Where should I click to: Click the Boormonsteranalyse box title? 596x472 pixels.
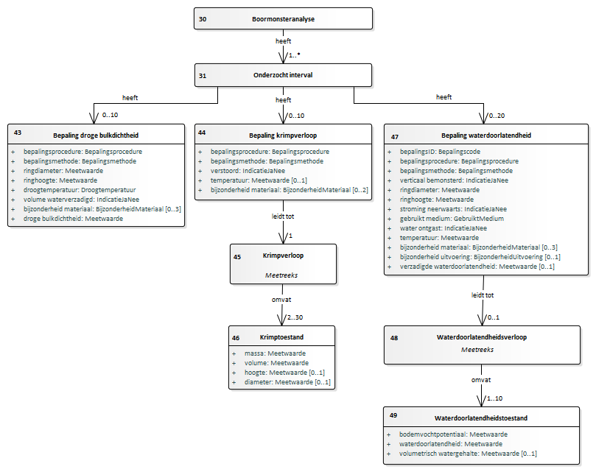[x=283, y=19]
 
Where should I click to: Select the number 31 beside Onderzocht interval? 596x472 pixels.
[x=203, y=76]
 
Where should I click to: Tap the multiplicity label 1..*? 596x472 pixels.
[x=294, y=55]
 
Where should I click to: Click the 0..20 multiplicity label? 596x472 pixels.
[x=497, y=116]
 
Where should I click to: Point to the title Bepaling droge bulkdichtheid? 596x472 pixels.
[x=96, y=135]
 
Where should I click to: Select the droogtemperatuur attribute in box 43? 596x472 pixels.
[x=80, y=190]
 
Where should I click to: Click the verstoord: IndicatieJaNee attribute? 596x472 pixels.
[x=248, y=171]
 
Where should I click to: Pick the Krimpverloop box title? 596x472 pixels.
[x=283, y=256]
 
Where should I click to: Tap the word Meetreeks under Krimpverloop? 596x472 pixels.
[x=281, y=275]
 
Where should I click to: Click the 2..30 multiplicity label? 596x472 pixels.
[x=295, y=317]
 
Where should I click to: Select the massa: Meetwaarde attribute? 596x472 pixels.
[x=275, y=353]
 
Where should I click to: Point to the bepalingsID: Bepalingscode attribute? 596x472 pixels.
[x=440, y=152]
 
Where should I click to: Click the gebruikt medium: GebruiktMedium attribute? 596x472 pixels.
[x=452, y=219]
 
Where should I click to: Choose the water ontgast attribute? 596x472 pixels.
[x=444, y=228]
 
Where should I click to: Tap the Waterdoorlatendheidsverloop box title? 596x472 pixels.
[x=482, y=337]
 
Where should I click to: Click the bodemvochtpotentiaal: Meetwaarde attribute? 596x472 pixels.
[x=453, y=434]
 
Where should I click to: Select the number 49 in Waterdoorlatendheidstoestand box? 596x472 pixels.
[x=393, y=415]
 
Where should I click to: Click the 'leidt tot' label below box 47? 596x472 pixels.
[x=483, y=295]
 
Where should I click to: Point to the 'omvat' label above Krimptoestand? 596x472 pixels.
[x=281, y=300]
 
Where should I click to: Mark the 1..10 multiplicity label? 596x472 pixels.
[x=494, y=398]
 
